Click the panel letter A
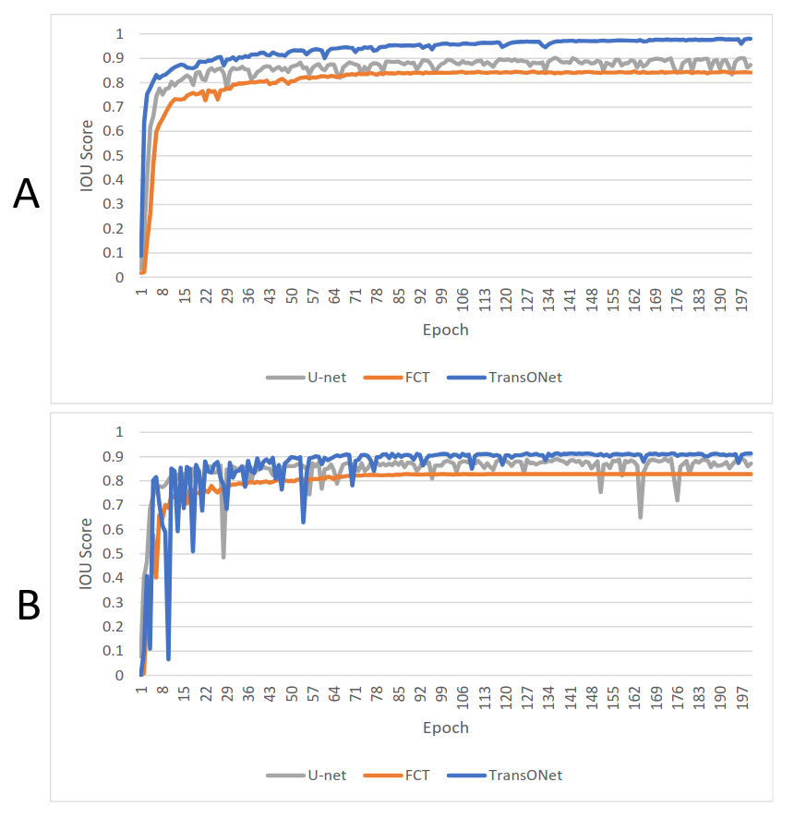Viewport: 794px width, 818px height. point(26,194)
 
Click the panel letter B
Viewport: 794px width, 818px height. point(29,605)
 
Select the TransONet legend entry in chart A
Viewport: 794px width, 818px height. point(504,378)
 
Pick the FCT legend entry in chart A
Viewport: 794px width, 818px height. point(396,378)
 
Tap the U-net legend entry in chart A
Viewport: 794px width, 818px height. point(307,378)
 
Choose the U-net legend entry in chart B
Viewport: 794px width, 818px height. point(307,776)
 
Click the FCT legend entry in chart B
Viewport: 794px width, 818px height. point(396,776)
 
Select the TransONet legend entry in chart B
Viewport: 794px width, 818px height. point(504,776)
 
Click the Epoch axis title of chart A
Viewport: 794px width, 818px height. point(446,331)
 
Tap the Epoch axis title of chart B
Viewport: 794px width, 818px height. point(446,728)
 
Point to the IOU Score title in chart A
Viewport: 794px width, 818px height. point(86,156)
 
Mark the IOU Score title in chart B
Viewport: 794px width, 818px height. point(86,554)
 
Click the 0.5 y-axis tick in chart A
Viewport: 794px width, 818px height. point(114,155)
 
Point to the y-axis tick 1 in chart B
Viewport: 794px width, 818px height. point(120,432)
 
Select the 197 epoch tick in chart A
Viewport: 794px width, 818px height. point(742,300)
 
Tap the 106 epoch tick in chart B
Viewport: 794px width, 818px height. point(463,698)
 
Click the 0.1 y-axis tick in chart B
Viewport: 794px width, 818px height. point(114,651)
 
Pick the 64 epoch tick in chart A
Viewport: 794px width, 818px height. point(334,296)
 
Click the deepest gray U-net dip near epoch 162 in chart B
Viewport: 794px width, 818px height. point(640,516)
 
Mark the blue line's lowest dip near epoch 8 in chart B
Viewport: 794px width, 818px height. point(168,659)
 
